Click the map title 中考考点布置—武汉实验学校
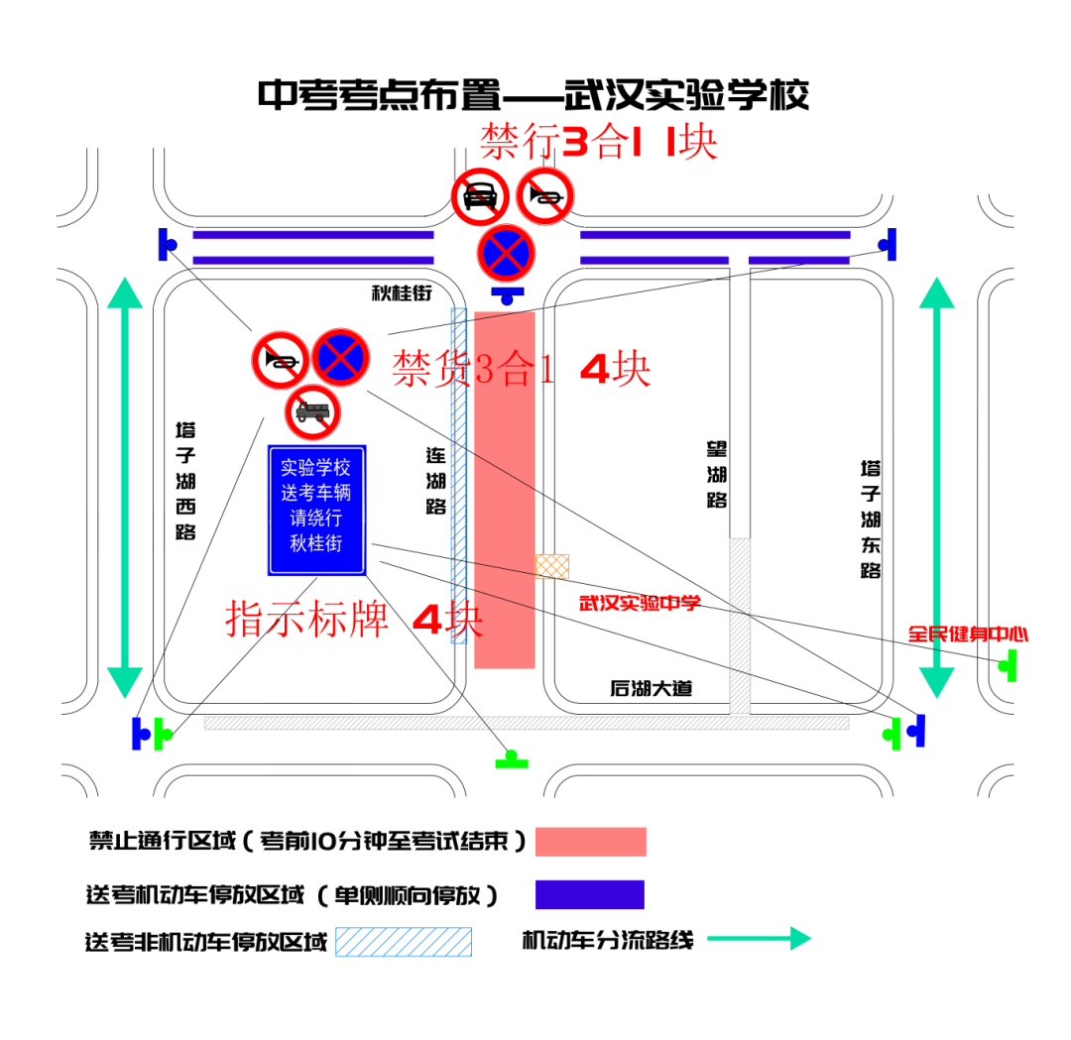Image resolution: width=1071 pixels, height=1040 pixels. (x=534, y=95)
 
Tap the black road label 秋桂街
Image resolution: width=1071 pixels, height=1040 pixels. (x=403, y=293)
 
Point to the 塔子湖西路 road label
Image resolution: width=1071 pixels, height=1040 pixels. (x=185, y=481)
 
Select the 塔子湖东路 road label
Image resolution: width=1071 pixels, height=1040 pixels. (x=871, y=519)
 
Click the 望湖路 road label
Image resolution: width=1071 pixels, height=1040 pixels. (x=717, y=475)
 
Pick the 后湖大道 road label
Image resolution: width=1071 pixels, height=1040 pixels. (x=651, y=689)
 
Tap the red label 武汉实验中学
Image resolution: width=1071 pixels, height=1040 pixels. (x=640, y=603)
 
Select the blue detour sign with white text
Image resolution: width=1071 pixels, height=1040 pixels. (x=317, y=510)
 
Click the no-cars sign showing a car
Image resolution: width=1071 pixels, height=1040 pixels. (x=480, y=195)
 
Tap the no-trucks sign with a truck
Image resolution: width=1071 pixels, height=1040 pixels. (x=313, y=411)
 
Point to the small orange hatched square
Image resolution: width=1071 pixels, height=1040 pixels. (x=552, y=566)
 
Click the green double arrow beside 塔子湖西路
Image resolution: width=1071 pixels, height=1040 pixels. (x=125, y=486)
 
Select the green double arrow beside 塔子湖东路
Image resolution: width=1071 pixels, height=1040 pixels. (x=937, y=486)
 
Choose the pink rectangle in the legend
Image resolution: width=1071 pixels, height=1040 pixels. (x=591, y=841)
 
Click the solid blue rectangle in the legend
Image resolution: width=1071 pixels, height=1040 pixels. (x=590, y=894)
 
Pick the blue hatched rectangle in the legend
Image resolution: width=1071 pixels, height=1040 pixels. (x=403, y=941)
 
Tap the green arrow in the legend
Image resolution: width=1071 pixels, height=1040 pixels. (x=759, y=938)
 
